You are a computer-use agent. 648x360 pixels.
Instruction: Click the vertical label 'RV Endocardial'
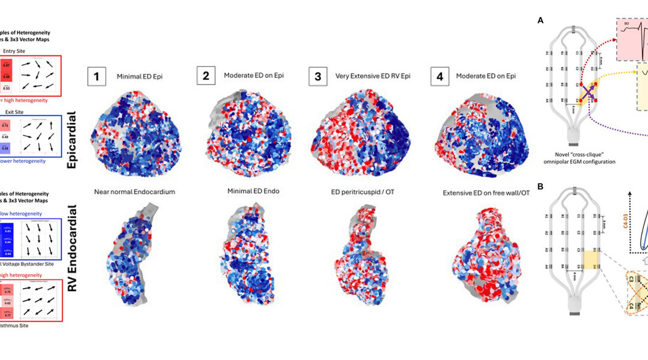(x=73, y=256)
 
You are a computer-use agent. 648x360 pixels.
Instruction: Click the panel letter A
(x=541, y=20)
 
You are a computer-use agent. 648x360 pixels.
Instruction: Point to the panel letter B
(x=541, y=187)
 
